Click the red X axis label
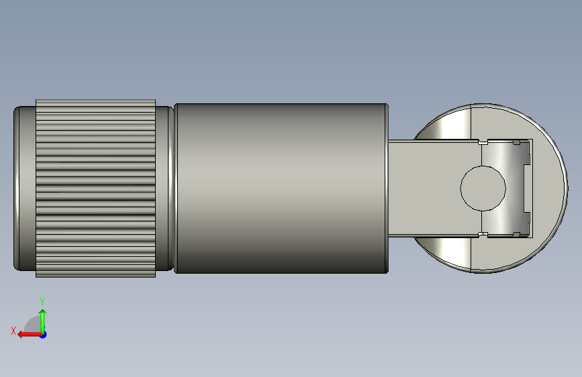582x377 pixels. pos(13,331)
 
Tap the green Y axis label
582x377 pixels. pos(42,301)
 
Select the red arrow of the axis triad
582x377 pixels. pos(30,335)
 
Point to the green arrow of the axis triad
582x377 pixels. pos(43,321)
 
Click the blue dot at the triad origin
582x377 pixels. pos(44,335)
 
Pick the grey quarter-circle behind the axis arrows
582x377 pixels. pos(33,325)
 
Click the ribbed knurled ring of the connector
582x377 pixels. pos(96,188)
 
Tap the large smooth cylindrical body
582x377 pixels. pos(281,188)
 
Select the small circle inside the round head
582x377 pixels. pos(483,188)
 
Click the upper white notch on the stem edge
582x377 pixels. pos(483,142)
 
